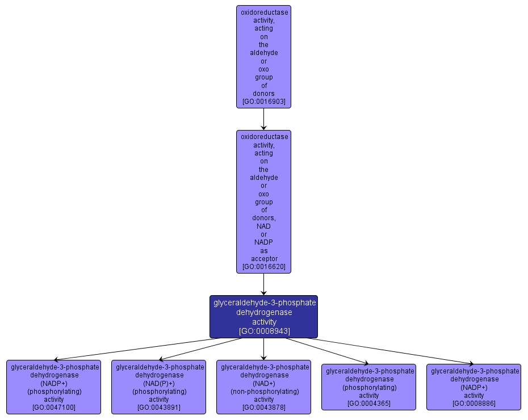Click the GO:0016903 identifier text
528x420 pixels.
click(x=263, y=102)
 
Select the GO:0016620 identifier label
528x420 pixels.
click(x=263, y=267)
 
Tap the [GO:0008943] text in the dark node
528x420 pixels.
click(x=264, y=331)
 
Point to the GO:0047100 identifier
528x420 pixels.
click(x=54, y=408)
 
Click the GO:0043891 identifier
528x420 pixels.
click(x=159, y=408)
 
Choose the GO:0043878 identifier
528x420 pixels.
click(x=263, y=408)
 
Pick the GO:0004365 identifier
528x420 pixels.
click(x=369, y=404)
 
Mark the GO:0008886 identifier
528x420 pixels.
click(x=473, y=404)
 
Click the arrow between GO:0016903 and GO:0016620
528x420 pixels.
click(x=263, y=119)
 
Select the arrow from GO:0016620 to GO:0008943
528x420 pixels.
click(x=263, y=284)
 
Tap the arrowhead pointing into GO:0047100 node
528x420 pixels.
click(x=56, y=359)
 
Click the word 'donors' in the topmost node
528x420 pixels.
click(x=263, y=94)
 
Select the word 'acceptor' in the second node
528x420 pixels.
click(x=263, y=259)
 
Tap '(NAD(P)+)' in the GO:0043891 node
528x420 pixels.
click(x=159, y=383)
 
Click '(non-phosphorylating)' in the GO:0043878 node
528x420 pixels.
click(x=263, y=391)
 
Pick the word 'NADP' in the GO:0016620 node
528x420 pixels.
click(x=263, y=242)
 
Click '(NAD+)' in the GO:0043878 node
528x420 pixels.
click(x=263, y=383)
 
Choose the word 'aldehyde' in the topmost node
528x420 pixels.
click(x=263, y=53)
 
